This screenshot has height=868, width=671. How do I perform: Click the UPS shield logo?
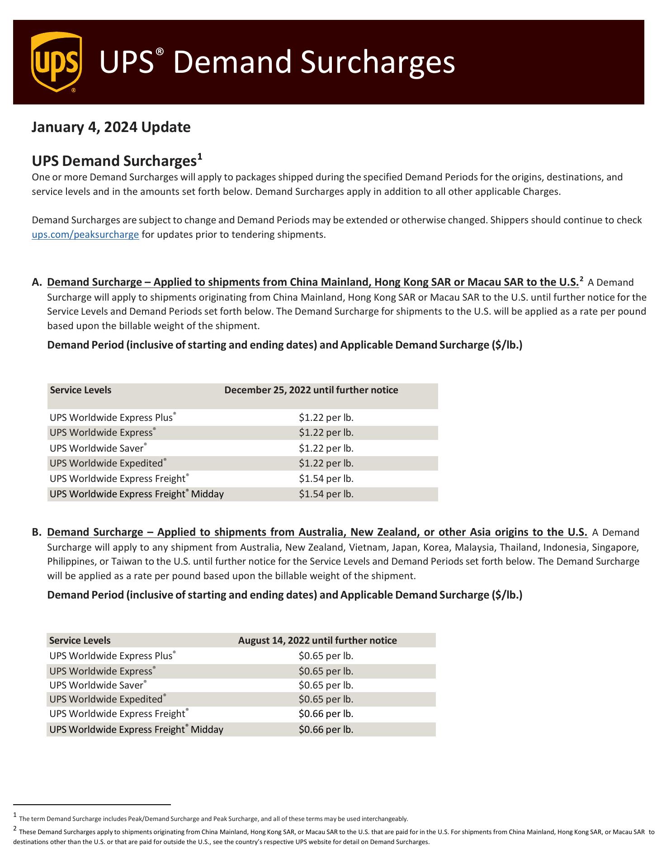click(57, 62)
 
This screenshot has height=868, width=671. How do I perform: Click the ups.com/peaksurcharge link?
click(85, 235)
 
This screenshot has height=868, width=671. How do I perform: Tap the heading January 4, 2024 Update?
click(111, 127)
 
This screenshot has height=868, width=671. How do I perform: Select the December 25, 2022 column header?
click(311, 390)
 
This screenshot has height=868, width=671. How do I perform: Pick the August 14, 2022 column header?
click(317, 640)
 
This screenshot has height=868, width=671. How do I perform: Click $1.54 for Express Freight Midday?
click(326, 494)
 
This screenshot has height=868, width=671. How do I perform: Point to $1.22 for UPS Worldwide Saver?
click(326, 448)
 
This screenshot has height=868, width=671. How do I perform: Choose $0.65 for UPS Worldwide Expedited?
click(326, 699)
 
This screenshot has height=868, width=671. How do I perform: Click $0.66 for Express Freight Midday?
click(326, 729)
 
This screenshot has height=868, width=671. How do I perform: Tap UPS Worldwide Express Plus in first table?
click(111, 418)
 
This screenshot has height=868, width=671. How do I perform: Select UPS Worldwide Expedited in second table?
click(106, 699)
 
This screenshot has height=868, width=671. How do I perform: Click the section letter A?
click(37, 283)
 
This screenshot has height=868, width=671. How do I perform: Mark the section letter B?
click(37, 532)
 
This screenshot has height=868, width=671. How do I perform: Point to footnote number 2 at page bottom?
click(15, 829)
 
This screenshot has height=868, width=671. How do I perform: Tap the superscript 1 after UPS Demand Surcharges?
click(199, 157)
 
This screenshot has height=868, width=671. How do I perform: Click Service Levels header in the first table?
click(80, 390)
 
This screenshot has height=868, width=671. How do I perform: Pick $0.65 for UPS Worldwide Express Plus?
click(326, 656)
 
